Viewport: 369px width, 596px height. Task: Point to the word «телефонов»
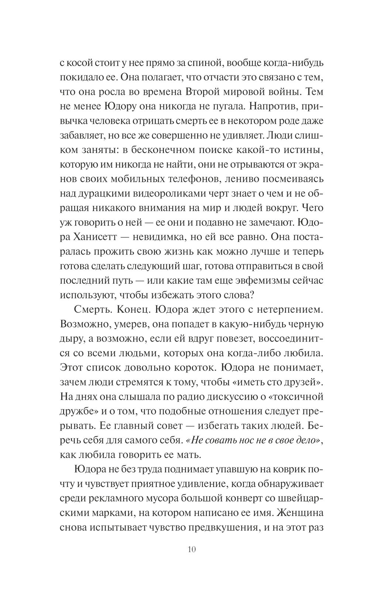tap(194, 179)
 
